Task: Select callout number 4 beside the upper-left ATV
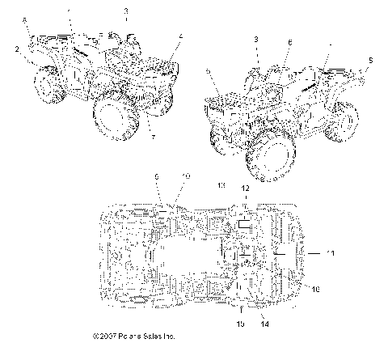[x=181, y=36]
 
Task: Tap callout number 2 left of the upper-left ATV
[x=15, y=49]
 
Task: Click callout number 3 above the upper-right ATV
[x=257, y=39]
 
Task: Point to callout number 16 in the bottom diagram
[x=316, y=288]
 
